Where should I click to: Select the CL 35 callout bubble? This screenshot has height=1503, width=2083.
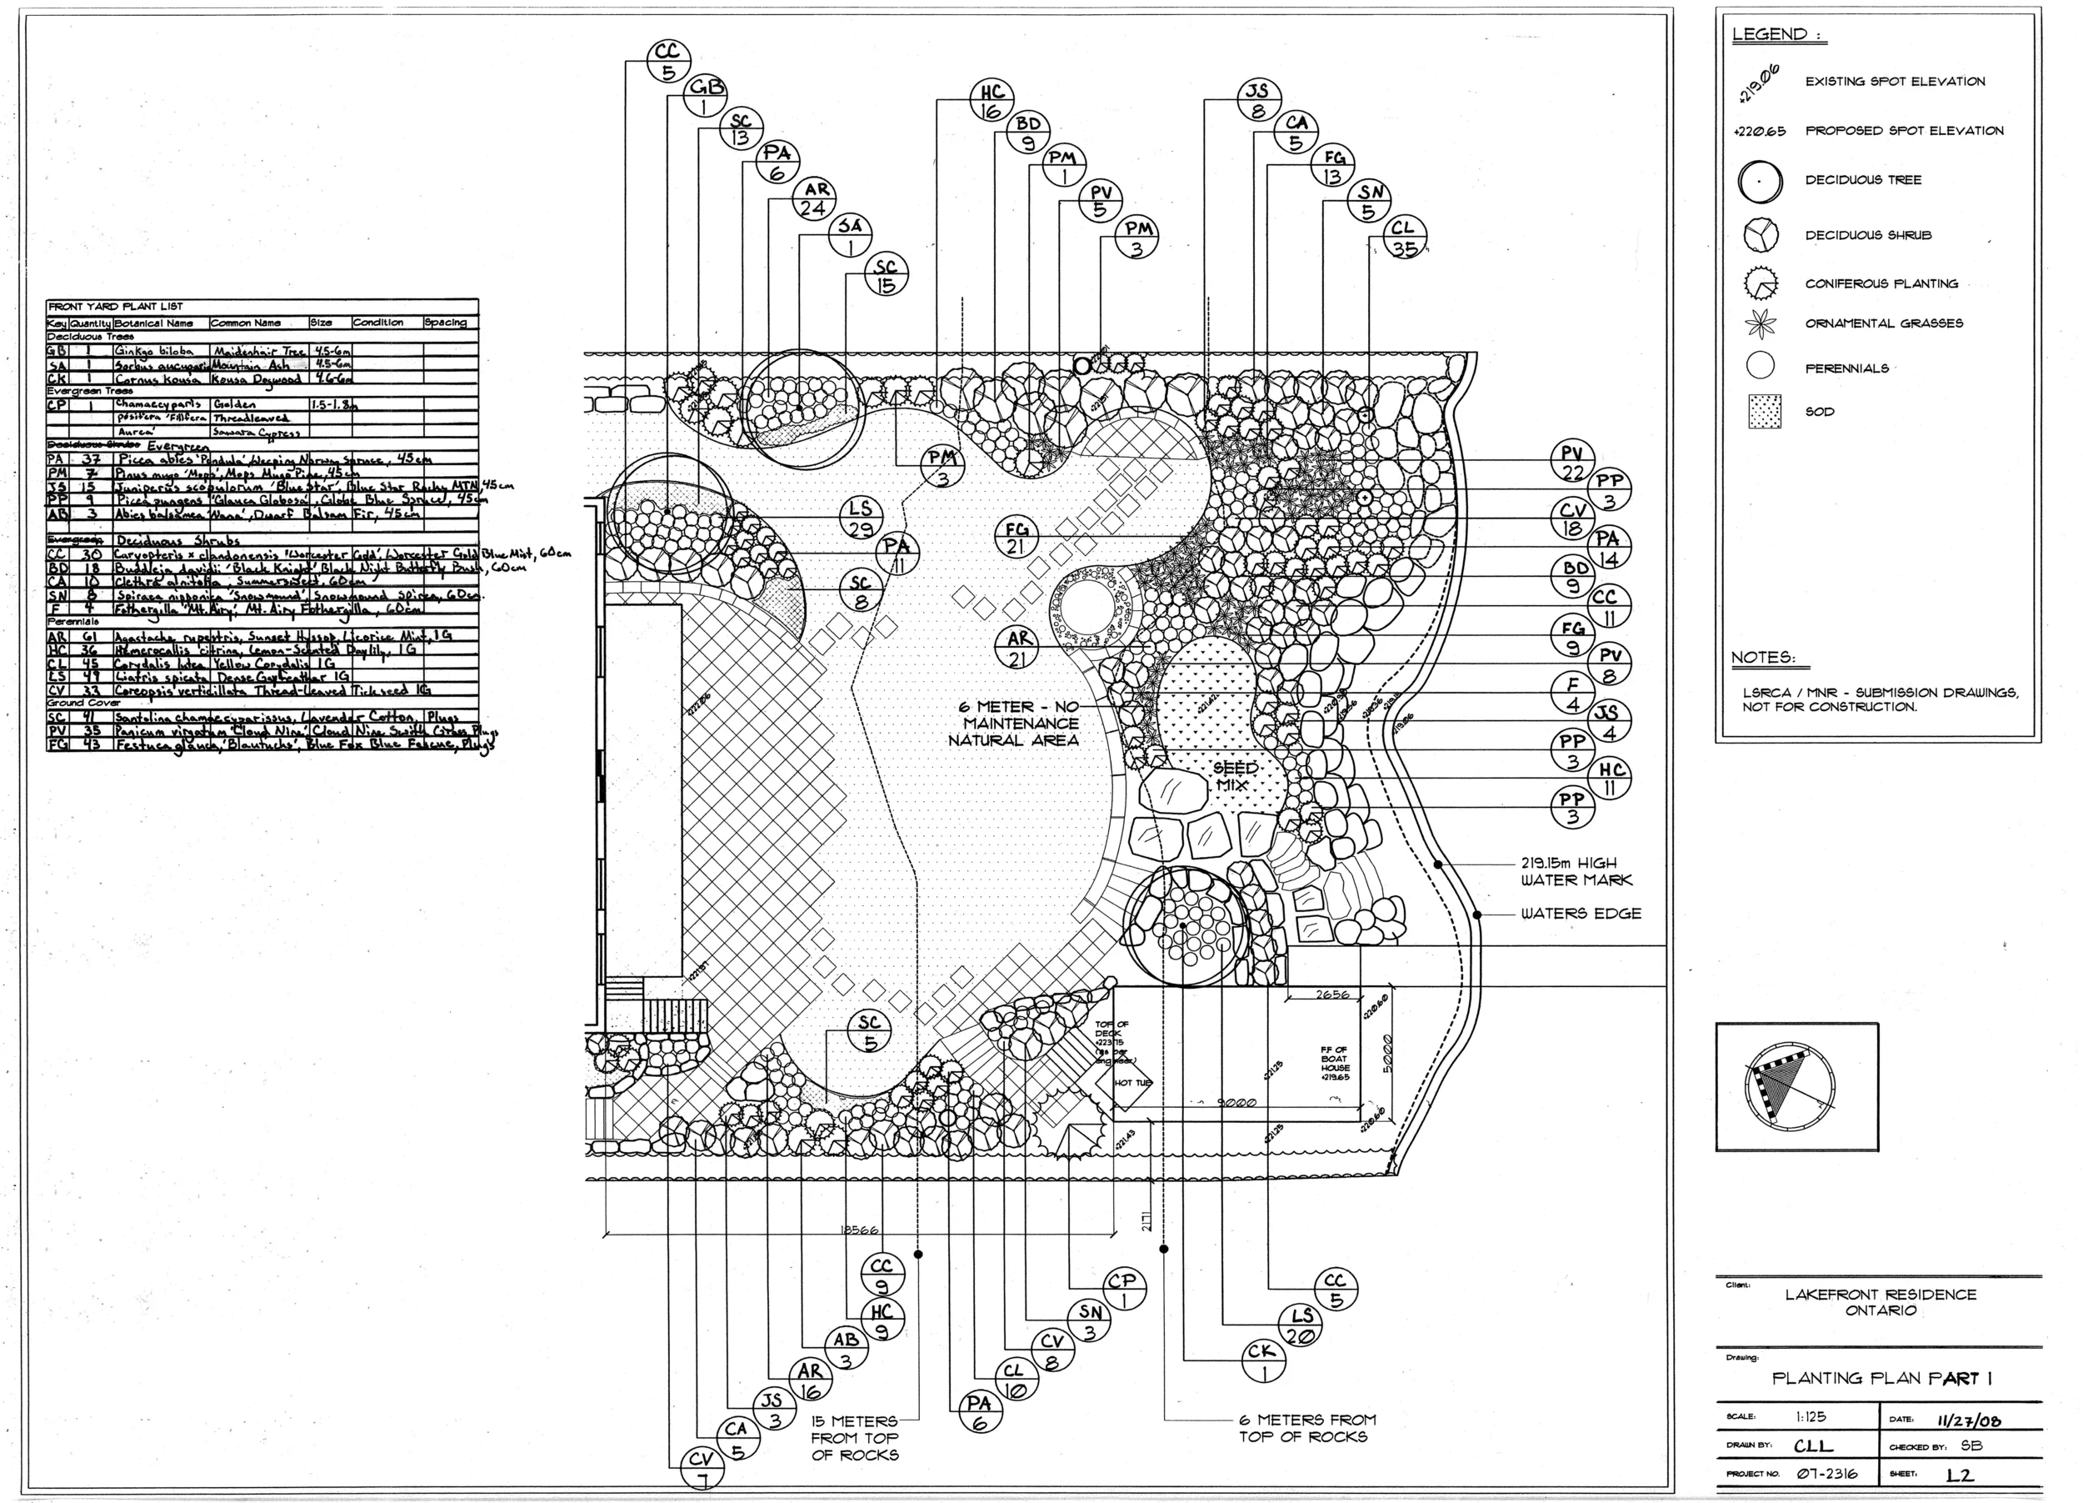(x=1403, y=237)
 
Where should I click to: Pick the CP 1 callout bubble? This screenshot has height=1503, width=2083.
(x=1122, y=1290)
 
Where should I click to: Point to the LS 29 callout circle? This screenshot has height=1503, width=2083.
(x=861, y=519)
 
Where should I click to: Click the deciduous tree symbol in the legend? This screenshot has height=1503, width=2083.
(x=1760, y=181)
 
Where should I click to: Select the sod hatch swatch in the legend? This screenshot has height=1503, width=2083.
(x=1765, y=412)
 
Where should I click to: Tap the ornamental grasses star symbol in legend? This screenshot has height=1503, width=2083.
(x=1761, y=324)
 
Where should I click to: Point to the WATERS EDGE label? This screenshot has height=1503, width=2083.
(x=1581, y=914)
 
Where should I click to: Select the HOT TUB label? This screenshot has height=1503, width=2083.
(x=1132, y=1083)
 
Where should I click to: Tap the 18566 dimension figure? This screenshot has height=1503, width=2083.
(x=859, y=1230)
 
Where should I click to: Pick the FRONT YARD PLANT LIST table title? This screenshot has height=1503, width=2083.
(x=116, y=306)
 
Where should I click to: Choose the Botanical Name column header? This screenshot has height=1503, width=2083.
(x=154, y=323)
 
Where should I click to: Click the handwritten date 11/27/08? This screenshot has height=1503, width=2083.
(x=1968, y=1420)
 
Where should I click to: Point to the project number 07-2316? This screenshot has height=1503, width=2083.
(x=1826, y=1474)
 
